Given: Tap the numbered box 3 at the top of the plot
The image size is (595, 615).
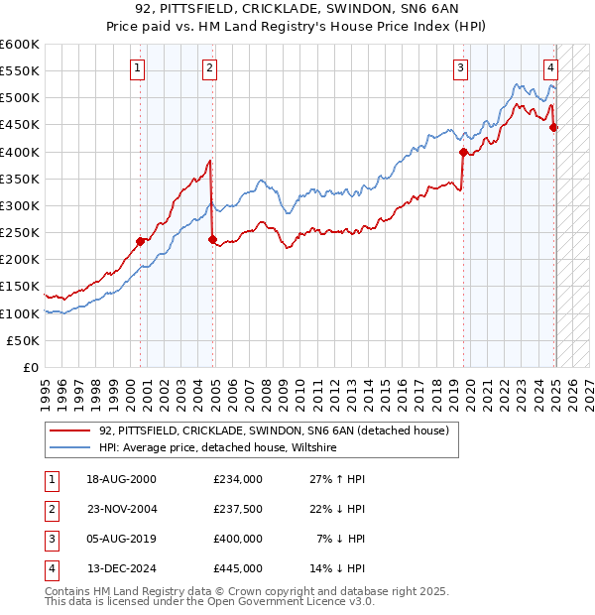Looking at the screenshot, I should pyautogui.click(x=461, y=68).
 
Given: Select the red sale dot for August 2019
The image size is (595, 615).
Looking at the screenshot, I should pyautogui.click(x=463, y=153).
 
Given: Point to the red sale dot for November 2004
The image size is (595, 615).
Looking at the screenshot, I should pyautogui.click(x=212, y=239).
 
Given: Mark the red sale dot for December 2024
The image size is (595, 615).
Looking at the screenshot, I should pyautogui.click(x=553, y=127).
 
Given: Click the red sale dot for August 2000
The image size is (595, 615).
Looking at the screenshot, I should pyautogui.click(x=140, y=240).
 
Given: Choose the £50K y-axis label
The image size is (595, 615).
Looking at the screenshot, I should pyautogui.click(x=23, y=340).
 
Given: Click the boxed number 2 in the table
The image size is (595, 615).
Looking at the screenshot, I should pyautogui.click(x=49, y=510).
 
